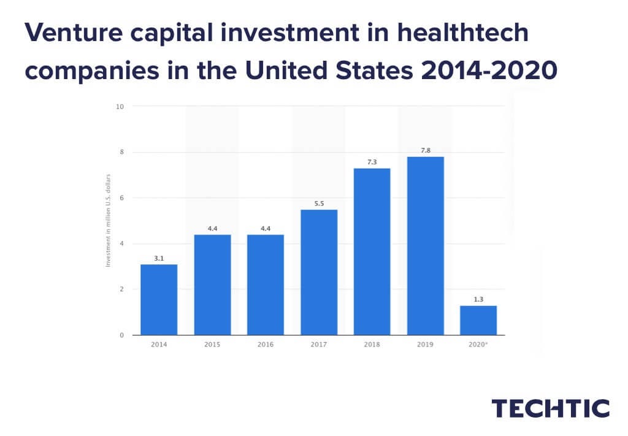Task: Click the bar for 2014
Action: (x=159, y=300)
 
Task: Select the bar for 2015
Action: (x=212, y=285)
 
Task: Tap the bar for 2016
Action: (x=266, y=285)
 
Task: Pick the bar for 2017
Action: (x=319, y=272)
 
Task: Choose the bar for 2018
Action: (x=372, y=251)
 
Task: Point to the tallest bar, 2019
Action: (x=425, y=246)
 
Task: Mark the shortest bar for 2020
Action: (x=478, y=320)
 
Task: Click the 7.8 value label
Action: (x=425, y=149)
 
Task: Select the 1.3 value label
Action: (x=478, y=299)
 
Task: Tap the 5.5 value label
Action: (x=319, y=202)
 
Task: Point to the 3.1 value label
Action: (x=159, y=258)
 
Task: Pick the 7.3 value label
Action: (x=372, y=161)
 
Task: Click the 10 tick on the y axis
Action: (x=120, y=106)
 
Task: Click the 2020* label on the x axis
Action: (x=478, y=345)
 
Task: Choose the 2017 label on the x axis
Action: (x=319, y=345)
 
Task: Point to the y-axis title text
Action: (x=108, y=221)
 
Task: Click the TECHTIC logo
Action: (x=551, y=408)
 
